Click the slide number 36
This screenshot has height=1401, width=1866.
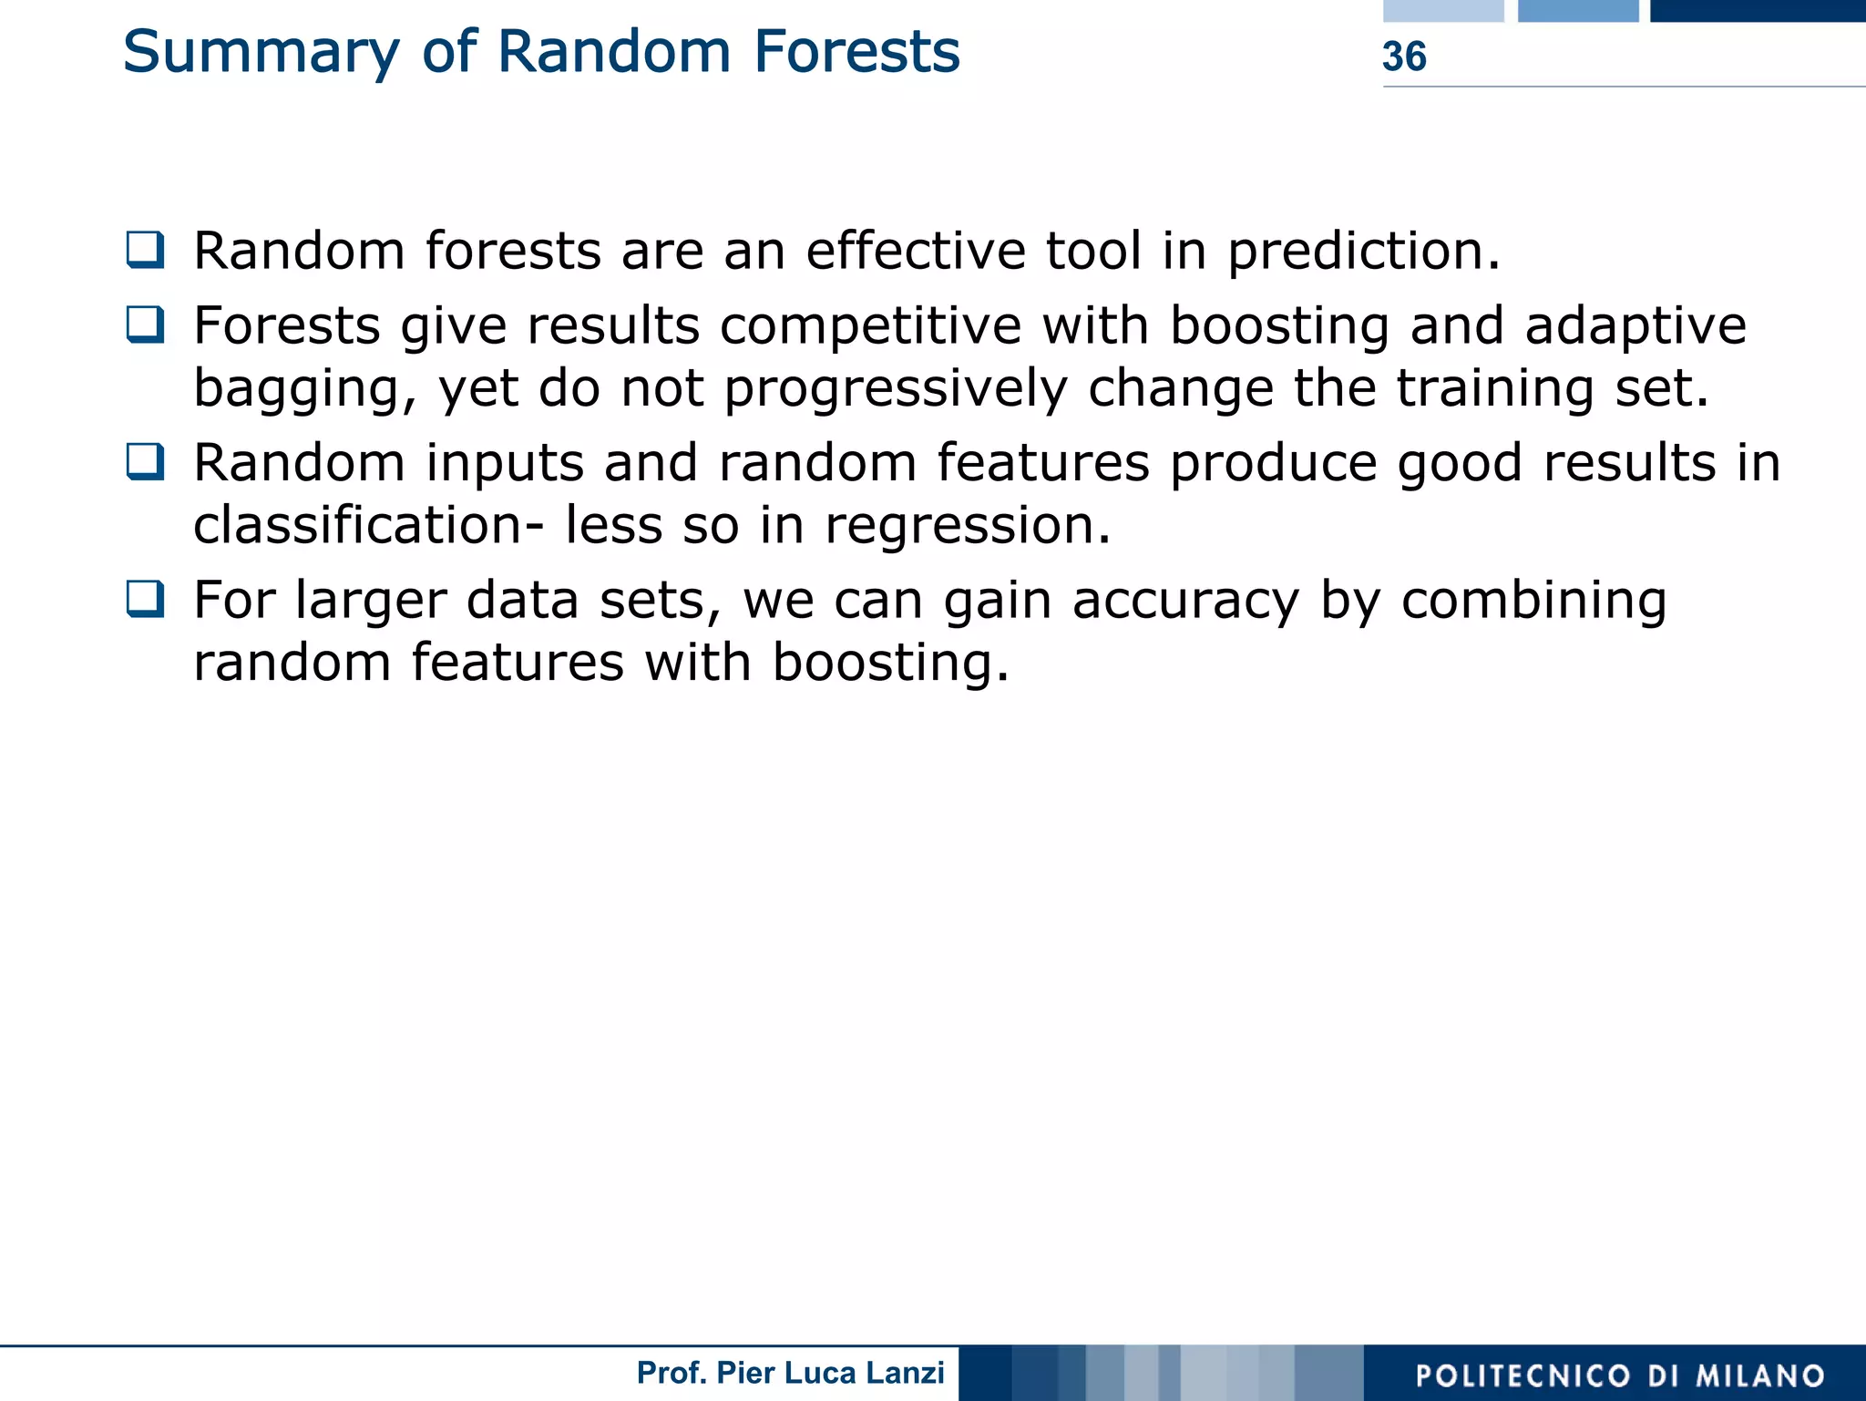pos(1403,57)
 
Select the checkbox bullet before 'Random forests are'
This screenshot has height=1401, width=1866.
pos(146,250)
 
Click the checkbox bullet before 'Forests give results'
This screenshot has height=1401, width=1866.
pos(146,324)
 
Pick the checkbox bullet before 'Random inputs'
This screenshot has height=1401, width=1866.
pos(146,461)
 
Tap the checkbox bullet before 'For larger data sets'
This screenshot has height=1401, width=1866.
pos(146,599)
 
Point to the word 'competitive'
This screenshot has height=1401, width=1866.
pos(870,326)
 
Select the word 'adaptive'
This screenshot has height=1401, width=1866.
pos(1635,326)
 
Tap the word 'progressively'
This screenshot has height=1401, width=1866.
pos(895,390)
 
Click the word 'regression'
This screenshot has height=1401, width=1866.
pos(967,527)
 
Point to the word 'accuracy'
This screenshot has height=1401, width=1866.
pos(1185,602)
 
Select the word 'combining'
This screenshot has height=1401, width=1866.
pos(1533,602)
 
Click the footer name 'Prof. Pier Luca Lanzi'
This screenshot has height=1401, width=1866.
pos(790,1373)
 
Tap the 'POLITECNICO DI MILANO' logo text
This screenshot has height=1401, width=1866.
pos(1620,1375)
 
